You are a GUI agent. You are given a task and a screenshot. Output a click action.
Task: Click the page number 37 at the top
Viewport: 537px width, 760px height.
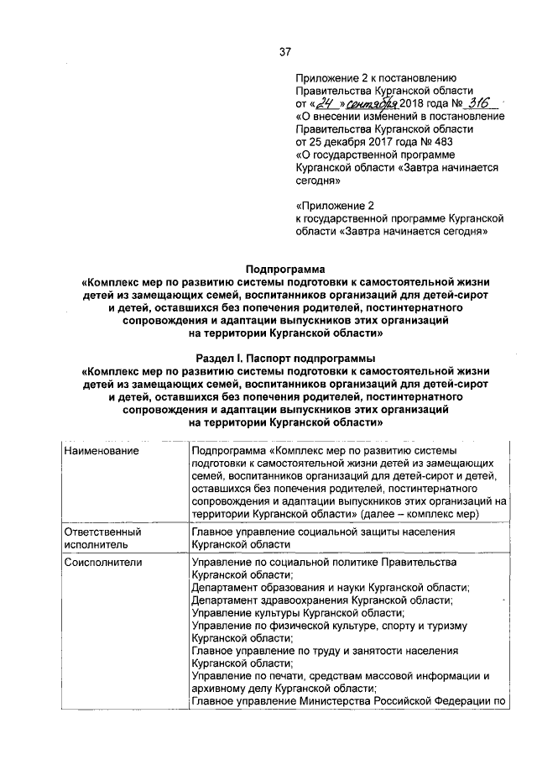pos(284,52)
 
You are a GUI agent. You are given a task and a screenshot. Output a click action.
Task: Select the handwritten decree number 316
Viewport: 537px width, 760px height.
pos(479,102)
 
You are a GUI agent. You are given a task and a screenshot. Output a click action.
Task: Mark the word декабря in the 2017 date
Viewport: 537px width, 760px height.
pos(345,142)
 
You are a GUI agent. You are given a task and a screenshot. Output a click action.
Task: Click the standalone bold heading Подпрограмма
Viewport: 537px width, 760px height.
pos(284,269)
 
